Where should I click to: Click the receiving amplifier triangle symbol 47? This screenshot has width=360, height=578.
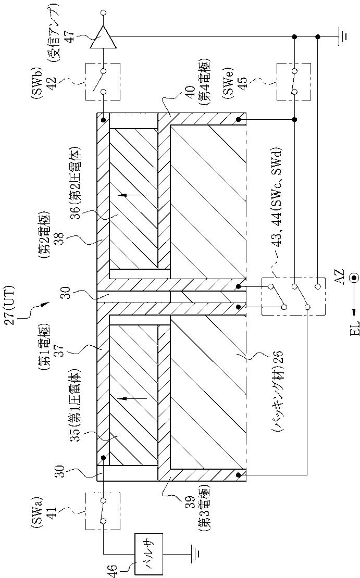103,36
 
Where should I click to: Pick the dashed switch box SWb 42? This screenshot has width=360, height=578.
103,81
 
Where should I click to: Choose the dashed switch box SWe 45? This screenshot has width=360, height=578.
294,81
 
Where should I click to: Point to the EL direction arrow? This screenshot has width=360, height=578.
354,309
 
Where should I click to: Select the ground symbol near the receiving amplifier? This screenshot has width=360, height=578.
341,36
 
